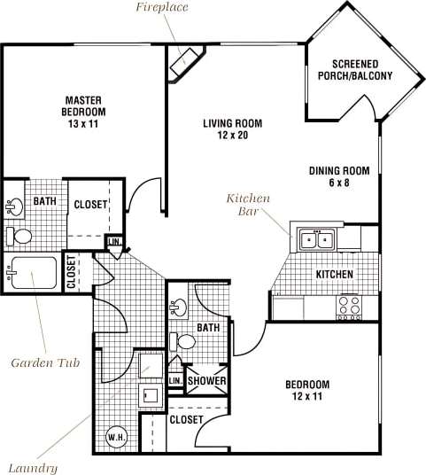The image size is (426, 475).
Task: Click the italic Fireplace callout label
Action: click(163, 8)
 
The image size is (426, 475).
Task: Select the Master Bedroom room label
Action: click(85, 105)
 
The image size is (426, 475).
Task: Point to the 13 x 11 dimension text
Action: click(86, 126)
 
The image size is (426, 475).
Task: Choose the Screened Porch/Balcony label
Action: click(354, 69)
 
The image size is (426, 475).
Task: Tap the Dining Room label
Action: click(338, 171)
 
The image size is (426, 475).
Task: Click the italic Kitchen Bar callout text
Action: click(248, 205)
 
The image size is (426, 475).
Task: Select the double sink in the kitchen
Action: click(315, 239)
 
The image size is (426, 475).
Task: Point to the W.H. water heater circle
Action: click(115, 436)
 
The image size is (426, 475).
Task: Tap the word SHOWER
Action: click(205, 381)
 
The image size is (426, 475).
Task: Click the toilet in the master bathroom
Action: click(20, 237)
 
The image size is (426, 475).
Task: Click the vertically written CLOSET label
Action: click(72, 272)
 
